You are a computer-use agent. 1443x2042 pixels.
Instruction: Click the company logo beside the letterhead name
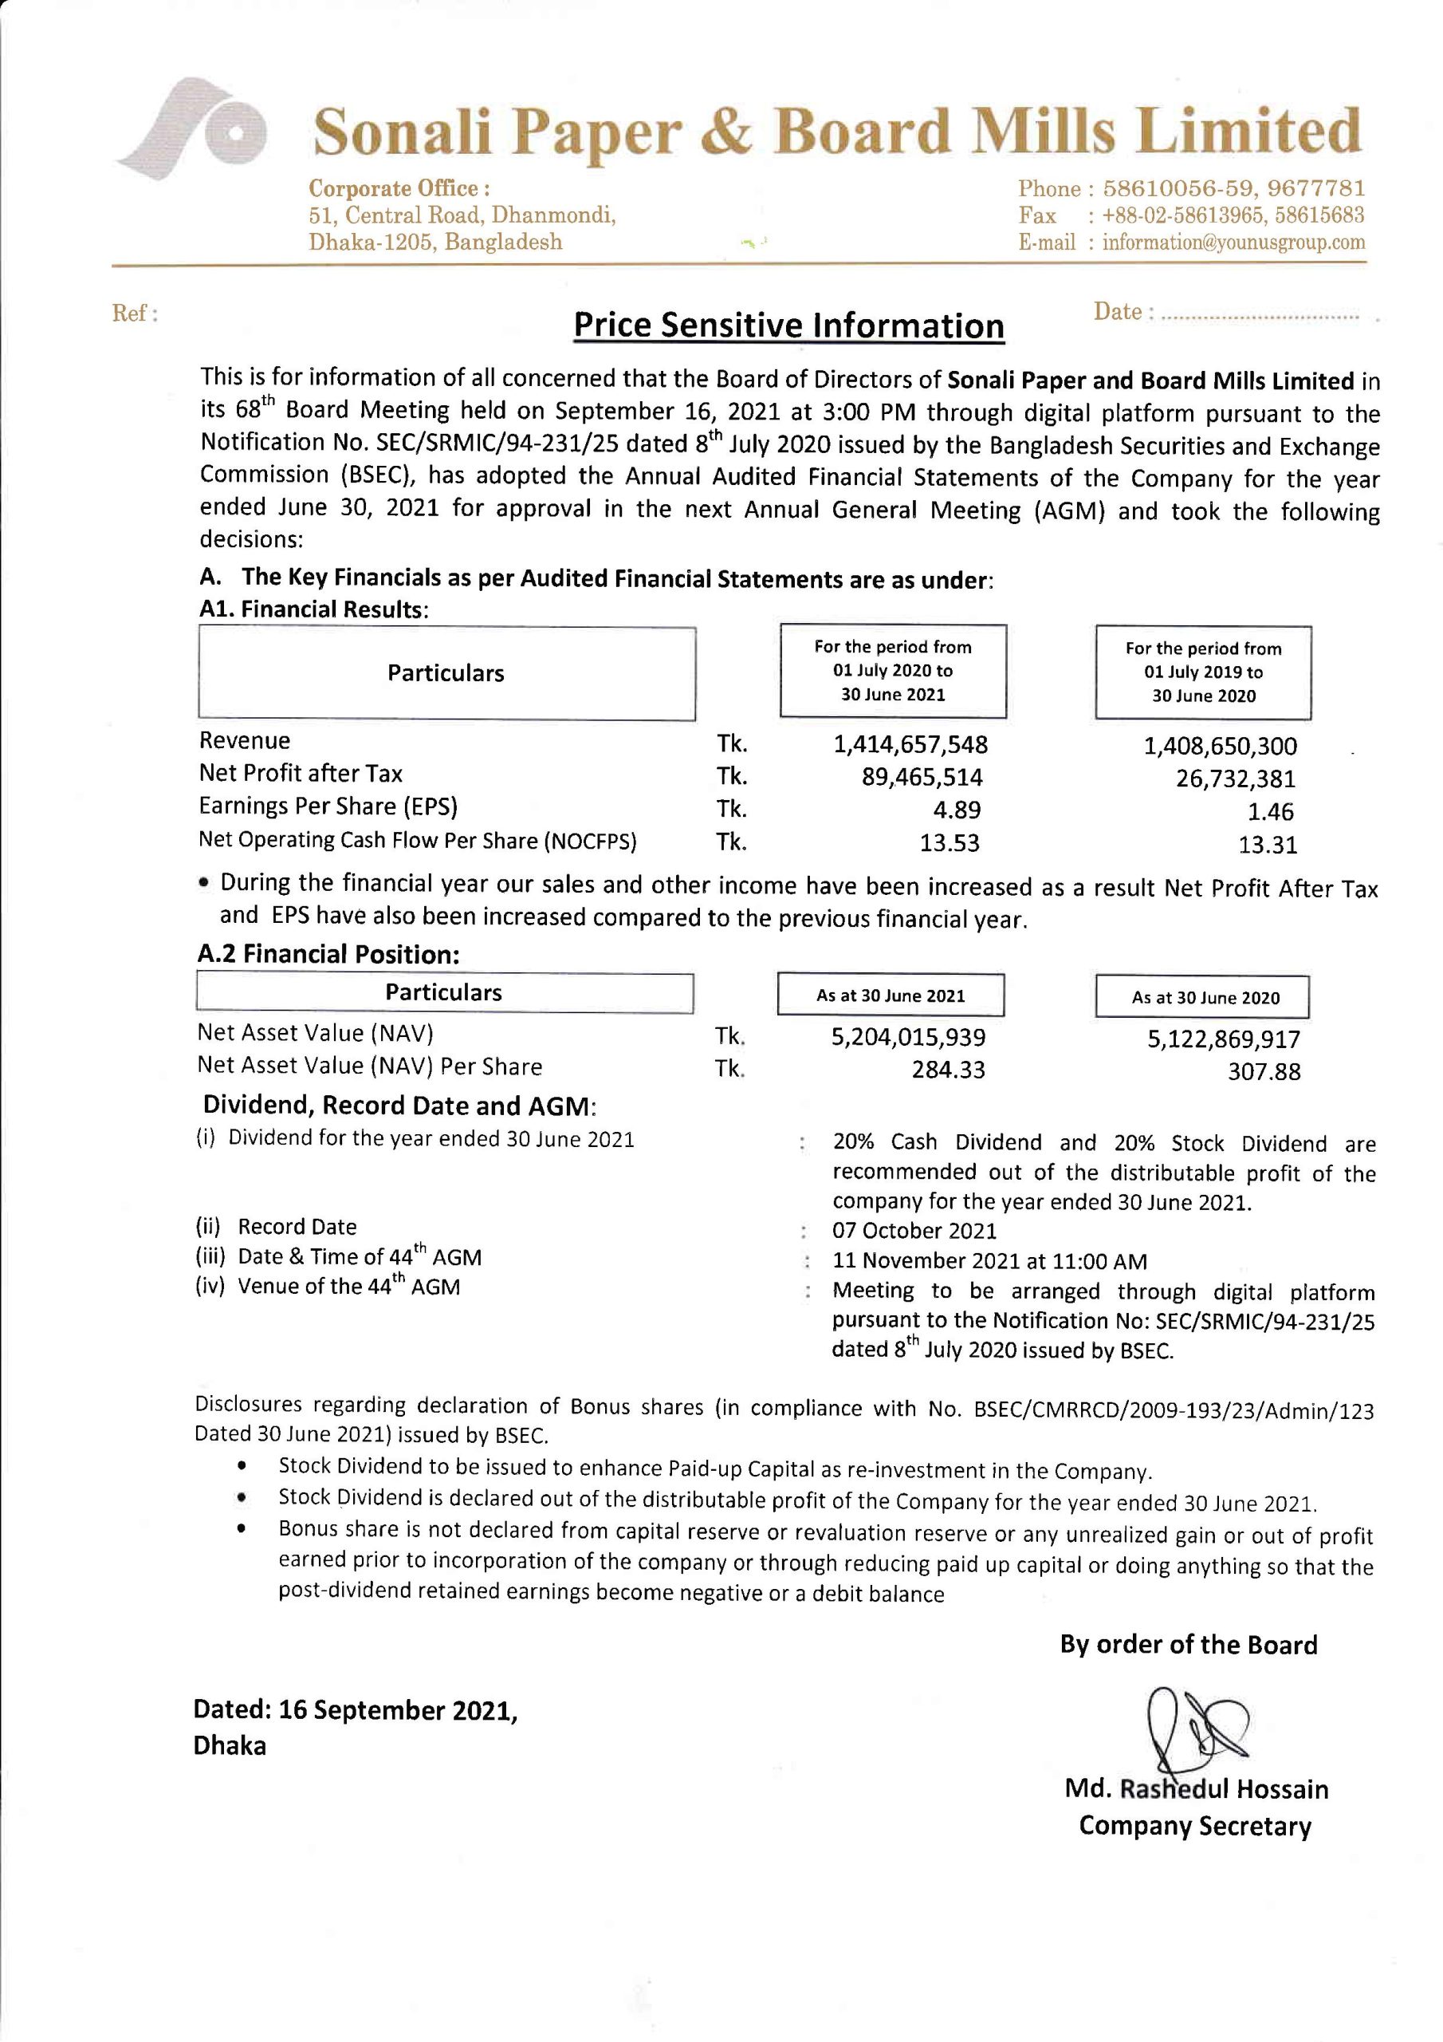(x=191, y=130)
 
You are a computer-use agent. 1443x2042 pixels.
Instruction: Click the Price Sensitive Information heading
(x=788, y=325)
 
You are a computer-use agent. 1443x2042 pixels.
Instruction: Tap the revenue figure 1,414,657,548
(x=910, y=744)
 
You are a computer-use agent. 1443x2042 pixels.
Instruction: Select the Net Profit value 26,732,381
(x=1235, y=779)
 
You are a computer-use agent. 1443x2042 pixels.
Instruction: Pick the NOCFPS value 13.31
(x=1267, y=844)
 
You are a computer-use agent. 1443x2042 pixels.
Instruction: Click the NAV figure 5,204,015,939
(x=908, y=1037)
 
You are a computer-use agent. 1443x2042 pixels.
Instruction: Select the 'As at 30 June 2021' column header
(x=890, y=995)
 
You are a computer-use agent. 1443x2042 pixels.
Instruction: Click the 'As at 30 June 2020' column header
(x=1205, y=997)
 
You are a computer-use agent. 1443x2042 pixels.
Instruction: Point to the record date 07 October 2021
(x=914, y=1231)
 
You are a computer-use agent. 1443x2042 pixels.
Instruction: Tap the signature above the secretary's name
(x=1194, y=1732)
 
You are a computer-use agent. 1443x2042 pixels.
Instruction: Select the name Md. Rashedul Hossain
(x=1196, y=1788)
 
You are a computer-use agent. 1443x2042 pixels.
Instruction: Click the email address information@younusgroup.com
(x=1233, y=242)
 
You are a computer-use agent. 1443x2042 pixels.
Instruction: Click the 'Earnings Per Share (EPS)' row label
(x=328, y=806)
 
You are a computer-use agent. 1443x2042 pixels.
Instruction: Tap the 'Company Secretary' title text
(x=1195, y=1826)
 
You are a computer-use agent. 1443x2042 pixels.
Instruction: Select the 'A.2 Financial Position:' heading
(x=328, y=953)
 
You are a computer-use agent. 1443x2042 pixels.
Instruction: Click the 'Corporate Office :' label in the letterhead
(x=399, y=188)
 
